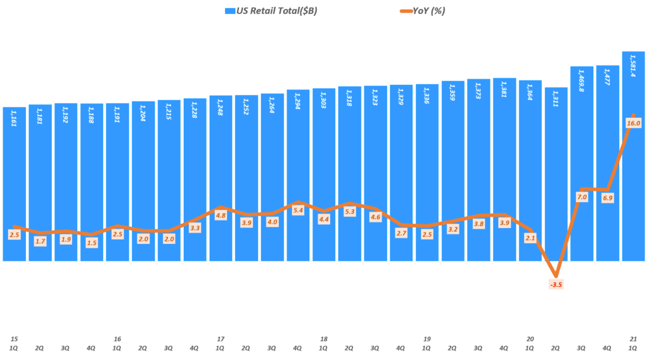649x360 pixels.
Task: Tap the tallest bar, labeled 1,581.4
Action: pyautogui.click(x=633, y=158)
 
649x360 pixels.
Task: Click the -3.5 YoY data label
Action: pyautogui.click(x=556, y=285)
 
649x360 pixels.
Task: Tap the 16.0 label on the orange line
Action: pyautogui.click(x=634, y=123)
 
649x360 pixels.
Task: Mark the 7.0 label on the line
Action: pyautogui.click(x=582, y=197)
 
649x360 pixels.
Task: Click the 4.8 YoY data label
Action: pyautogui.click(x=221, y=215)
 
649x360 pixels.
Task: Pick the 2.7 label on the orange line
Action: pyautogui.click(x=401, y=233)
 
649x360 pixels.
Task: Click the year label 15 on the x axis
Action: pyautogui.click(x=14, y=339)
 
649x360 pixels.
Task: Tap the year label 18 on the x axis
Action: pyautogui.click(x=324, y=339)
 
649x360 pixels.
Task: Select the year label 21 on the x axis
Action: pyautogui.click(x=633, y=339)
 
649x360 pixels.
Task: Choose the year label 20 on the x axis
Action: pyautogui.click(x=530, y=339)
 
